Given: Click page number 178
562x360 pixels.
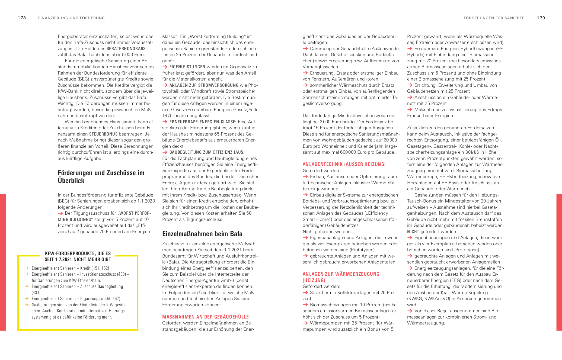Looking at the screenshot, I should tap(22, 18).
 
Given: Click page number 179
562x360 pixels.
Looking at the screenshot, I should tap(541, 18).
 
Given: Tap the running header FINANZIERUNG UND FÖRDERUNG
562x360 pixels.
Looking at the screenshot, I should tap(71, 18).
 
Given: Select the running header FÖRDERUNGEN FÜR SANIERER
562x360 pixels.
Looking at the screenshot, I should tap(494, 18).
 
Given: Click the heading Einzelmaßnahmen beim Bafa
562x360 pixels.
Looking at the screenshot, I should tap(202, 234).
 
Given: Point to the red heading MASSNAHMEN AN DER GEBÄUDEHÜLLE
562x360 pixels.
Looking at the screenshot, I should tap(205, 317).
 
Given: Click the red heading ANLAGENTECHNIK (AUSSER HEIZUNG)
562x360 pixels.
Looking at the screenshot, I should tap(344, 164).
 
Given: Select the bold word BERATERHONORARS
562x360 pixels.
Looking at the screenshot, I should tap(126, 49).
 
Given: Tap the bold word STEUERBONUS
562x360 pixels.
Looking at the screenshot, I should tap(103, 134).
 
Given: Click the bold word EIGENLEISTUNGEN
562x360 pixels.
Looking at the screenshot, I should tap(187, 67).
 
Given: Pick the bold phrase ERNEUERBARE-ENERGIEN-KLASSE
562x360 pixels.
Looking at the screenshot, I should tap(202, 122).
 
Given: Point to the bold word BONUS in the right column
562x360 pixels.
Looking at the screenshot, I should tap(472, 152).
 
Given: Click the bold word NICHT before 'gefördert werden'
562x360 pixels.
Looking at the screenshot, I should tap(413, 232).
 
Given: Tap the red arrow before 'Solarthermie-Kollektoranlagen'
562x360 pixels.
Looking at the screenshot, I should tap(305, 292).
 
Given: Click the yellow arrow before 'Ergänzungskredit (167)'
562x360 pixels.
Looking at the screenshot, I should tap(27, 298).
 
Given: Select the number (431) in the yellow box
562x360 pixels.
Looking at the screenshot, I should tap(36, 293).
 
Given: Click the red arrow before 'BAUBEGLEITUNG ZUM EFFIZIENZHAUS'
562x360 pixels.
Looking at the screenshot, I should tap(165, 152).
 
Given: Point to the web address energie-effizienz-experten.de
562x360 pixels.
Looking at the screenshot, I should tap(193, 287).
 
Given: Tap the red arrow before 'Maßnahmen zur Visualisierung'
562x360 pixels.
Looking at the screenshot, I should tap(410, 110).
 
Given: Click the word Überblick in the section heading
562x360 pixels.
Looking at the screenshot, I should tap(71, 181).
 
